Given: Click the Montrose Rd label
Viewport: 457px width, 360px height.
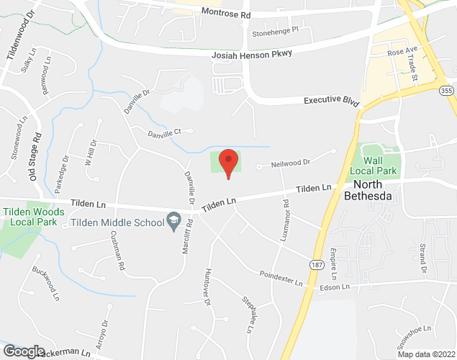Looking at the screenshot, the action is [x=226, y=13].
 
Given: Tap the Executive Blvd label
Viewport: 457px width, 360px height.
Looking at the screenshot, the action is [x=330, y=102].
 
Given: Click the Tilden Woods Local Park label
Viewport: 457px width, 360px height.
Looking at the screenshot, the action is [x=34, y=217].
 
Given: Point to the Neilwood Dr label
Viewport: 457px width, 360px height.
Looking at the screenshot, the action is [x=290, y=163].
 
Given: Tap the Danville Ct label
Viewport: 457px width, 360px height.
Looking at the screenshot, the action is [x=171, y=132].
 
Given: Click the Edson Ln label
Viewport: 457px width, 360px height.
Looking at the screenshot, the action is [x=335, y=287].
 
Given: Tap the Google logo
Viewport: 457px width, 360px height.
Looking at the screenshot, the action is [x=23, y=351].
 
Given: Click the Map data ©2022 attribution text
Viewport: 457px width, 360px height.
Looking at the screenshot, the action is [x=426, y=354].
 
